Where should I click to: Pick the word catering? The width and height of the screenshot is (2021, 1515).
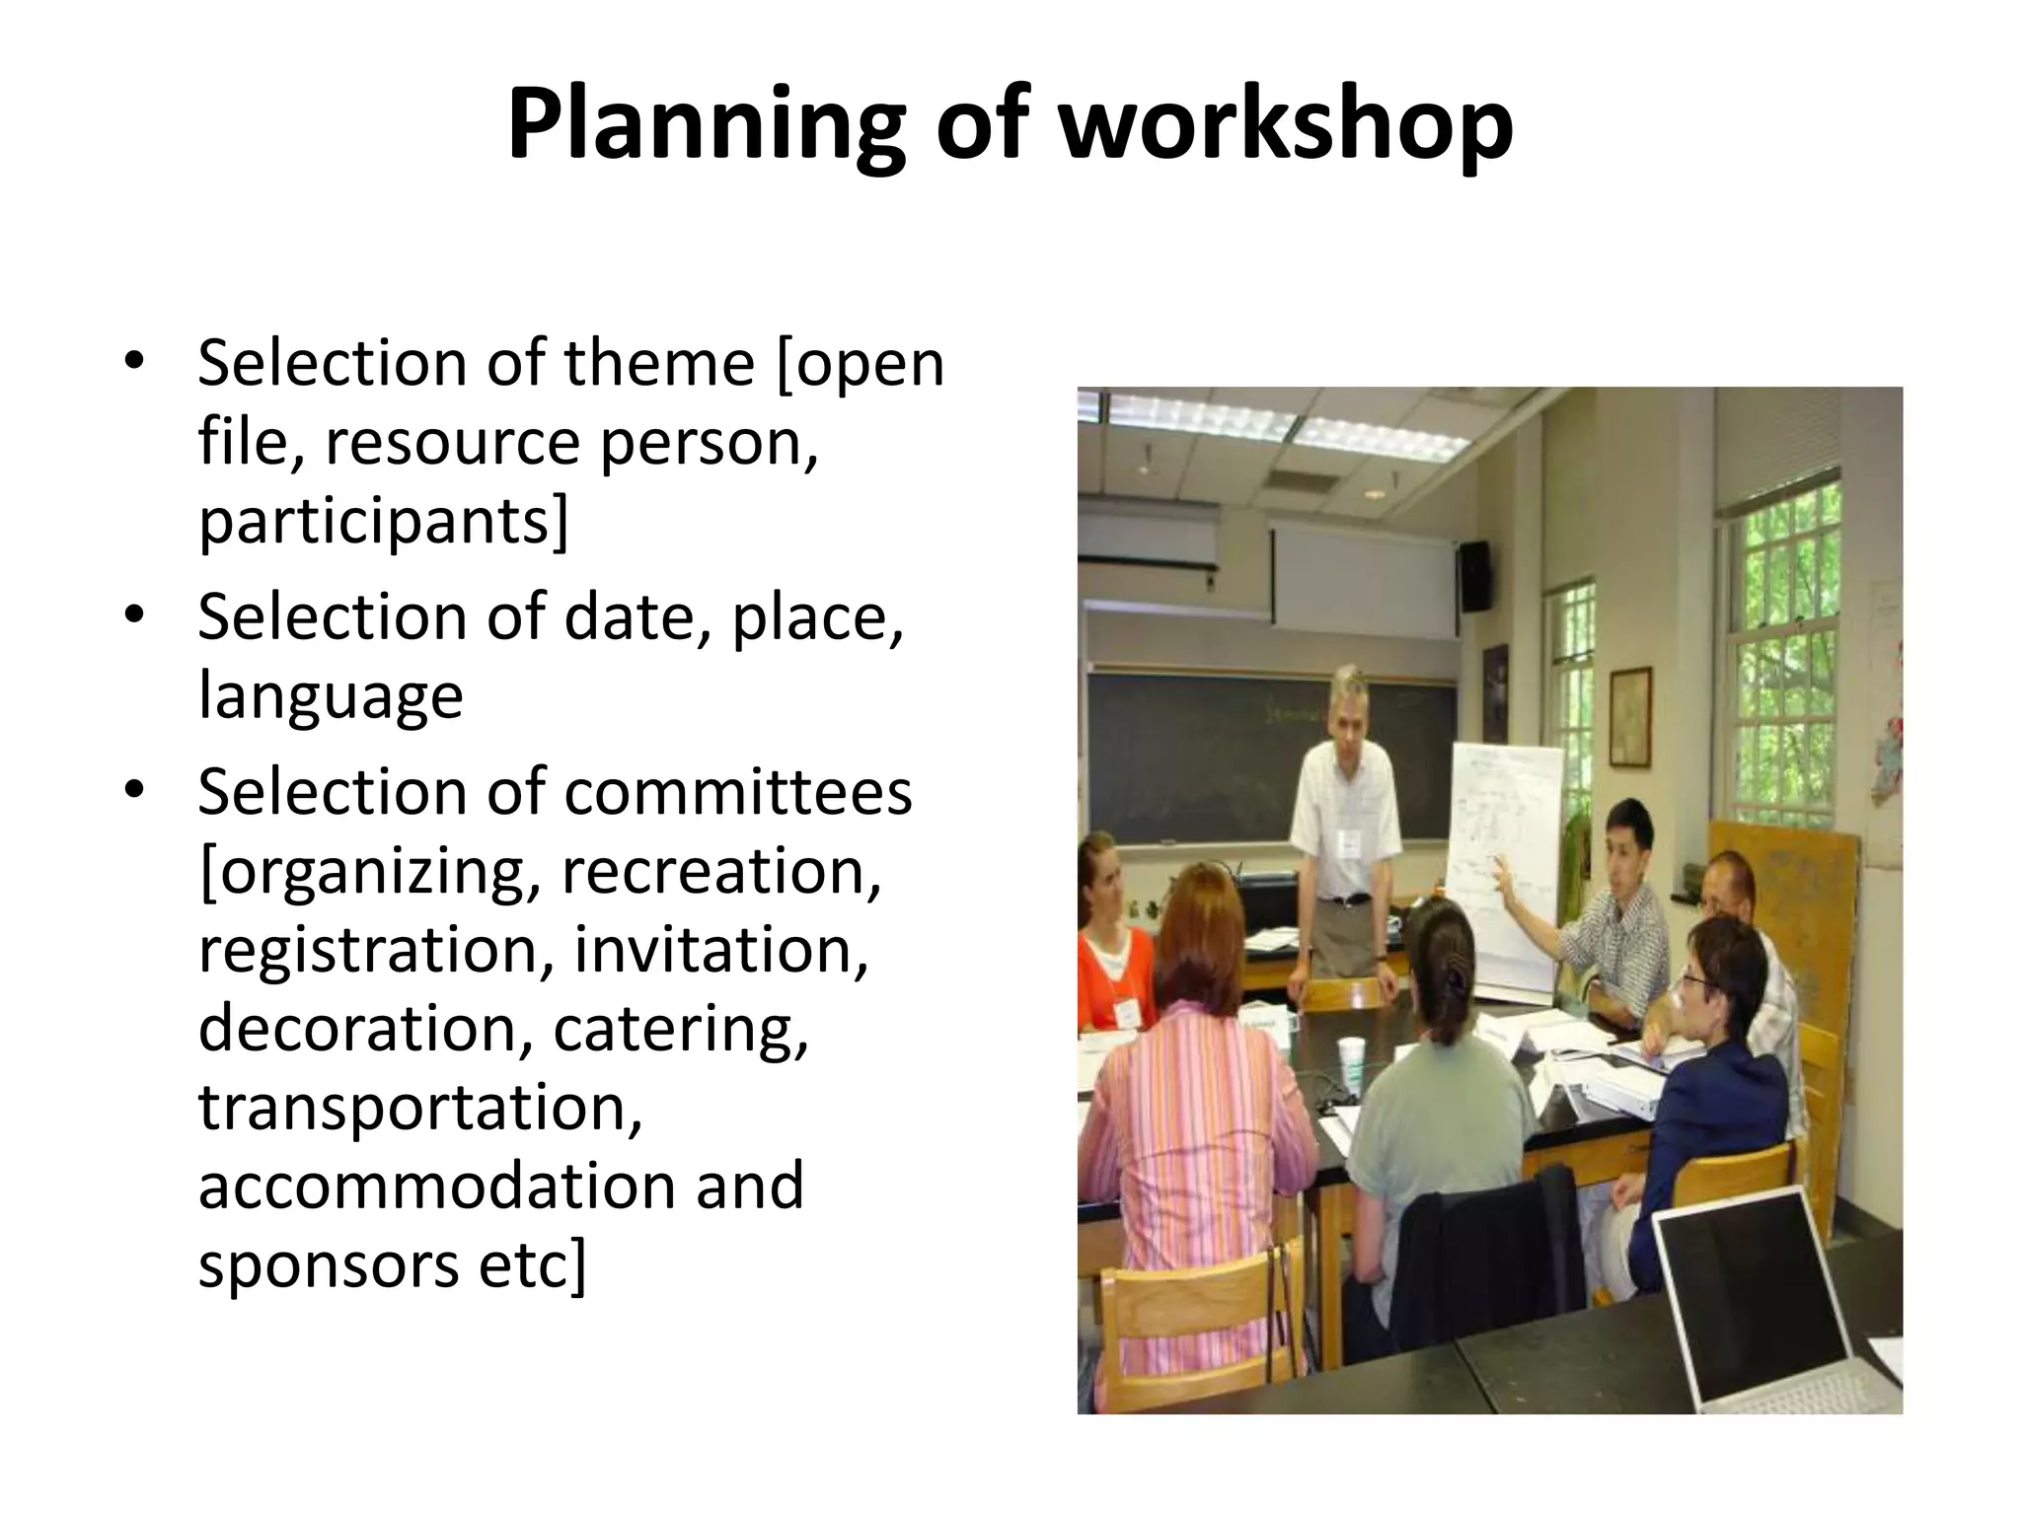[681, 1028]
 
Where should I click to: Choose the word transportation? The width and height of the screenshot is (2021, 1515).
[420, 1107]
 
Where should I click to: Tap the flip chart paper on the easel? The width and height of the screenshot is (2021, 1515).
[1505, 868]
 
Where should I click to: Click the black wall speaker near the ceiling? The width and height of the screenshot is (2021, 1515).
[1474, 575]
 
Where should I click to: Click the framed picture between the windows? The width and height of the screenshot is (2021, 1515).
[1630, 716]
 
